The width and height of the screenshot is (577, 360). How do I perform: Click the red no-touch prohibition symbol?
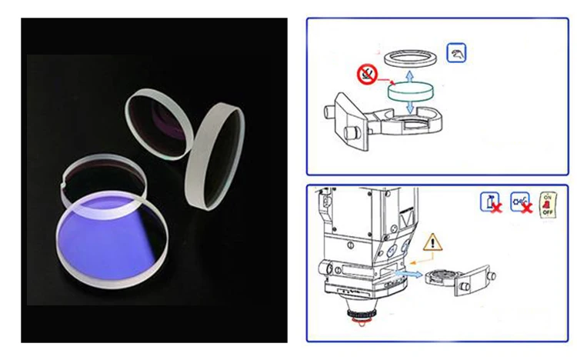(369, 75)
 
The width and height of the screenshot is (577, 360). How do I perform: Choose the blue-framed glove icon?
(456, 53)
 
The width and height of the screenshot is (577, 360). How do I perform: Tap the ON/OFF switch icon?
(547, 205)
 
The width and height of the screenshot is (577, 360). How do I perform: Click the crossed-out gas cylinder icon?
(490, 203)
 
